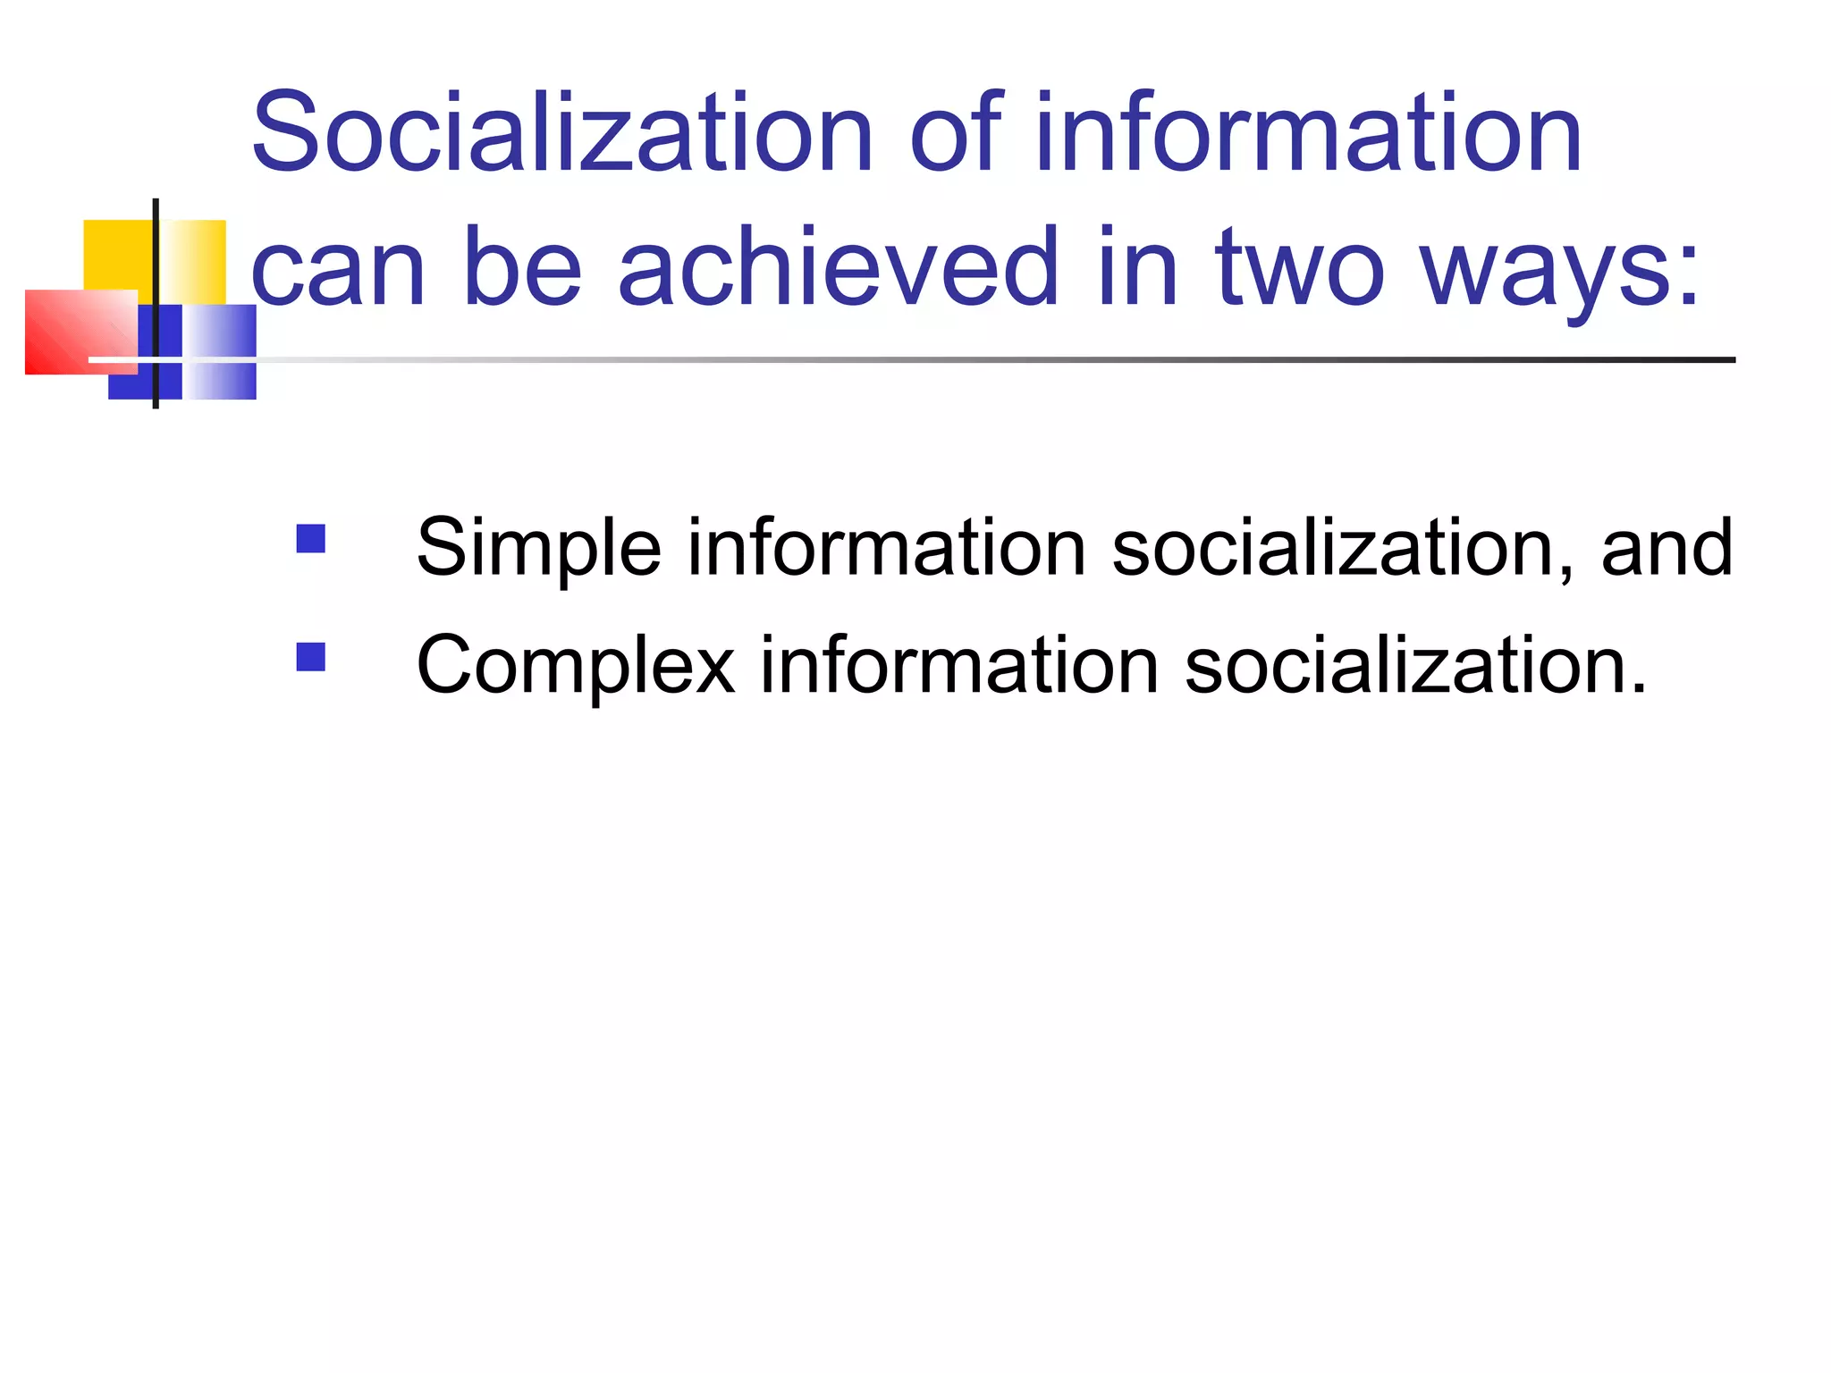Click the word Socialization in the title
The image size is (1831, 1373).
pos(561,134)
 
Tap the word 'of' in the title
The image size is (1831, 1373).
pos(956,134)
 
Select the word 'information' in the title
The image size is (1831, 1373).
pos(1309,134)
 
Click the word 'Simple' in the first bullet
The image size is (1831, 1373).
pos(539,549)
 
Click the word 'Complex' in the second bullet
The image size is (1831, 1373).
pos(576,667)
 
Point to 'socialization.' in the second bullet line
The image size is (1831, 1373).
pos(1415,665)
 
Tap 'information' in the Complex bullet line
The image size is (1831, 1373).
pos(959,665)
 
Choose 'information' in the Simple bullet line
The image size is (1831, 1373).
pos(886,547)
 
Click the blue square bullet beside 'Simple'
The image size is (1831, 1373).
pos(310,539)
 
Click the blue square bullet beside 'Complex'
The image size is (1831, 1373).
pos(310,657)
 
